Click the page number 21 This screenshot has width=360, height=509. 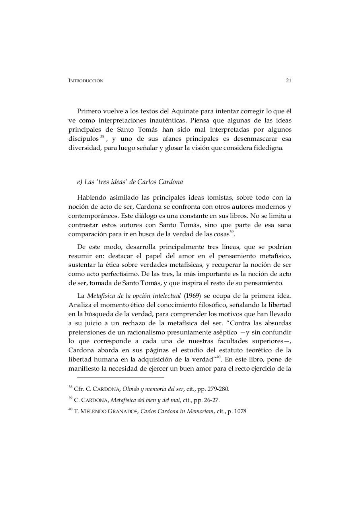click(288, 81)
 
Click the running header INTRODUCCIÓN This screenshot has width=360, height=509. click(86, 81)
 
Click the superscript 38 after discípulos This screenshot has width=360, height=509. click(102, 136)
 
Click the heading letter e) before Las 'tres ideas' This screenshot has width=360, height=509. click(80, 182)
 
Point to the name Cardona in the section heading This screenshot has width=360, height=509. click(170, 182)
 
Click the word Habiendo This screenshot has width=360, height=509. click(92, 198)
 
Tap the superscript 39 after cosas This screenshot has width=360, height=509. click(232, 232)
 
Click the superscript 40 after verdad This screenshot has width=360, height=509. click(218, 357)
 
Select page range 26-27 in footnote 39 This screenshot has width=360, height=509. click(211, 400)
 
